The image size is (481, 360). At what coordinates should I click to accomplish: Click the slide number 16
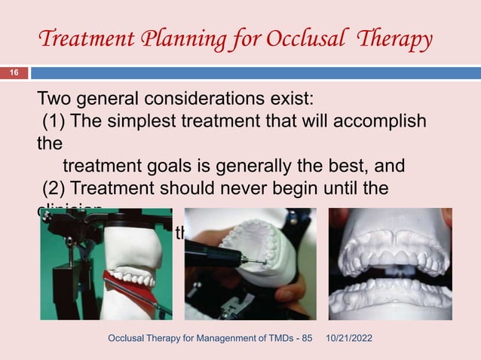tap(13, 73)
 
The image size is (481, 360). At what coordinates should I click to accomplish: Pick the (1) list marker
tap(56, 121)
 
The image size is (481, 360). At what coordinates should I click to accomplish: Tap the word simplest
tap(155, 121)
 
